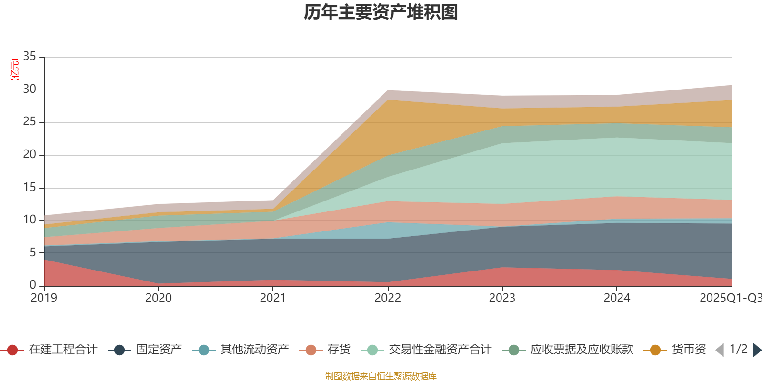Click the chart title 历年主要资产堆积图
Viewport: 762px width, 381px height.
[381, 12]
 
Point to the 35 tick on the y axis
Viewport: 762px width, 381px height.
[30, 57]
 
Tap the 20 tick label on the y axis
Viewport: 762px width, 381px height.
[30, 155]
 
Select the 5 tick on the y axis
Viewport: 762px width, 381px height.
[33, 252]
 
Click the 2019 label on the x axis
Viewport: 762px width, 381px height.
[44, 298]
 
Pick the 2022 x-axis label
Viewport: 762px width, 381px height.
[388, 298]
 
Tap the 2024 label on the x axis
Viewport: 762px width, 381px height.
[617, 298]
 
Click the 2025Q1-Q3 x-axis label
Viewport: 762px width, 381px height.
[730, 298]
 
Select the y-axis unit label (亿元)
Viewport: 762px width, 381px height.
[15, 70]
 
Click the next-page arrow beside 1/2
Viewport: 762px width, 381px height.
[757, 350]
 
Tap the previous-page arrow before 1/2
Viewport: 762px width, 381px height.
[720, 350]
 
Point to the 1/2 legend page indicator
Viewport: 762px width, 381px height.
[738, 349]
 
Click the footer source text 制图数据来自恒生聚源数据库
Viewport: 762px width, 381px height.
[381, 376]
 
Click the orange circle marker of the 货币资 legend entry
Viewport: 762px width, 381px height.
[655, 350]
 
